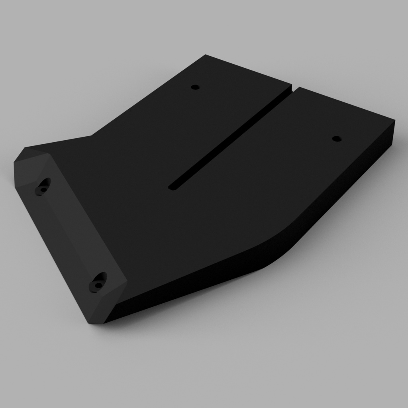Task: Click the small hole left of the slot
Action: click(x=195, y=87)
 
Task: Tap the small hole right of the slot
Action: click(x=337, y=139)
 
